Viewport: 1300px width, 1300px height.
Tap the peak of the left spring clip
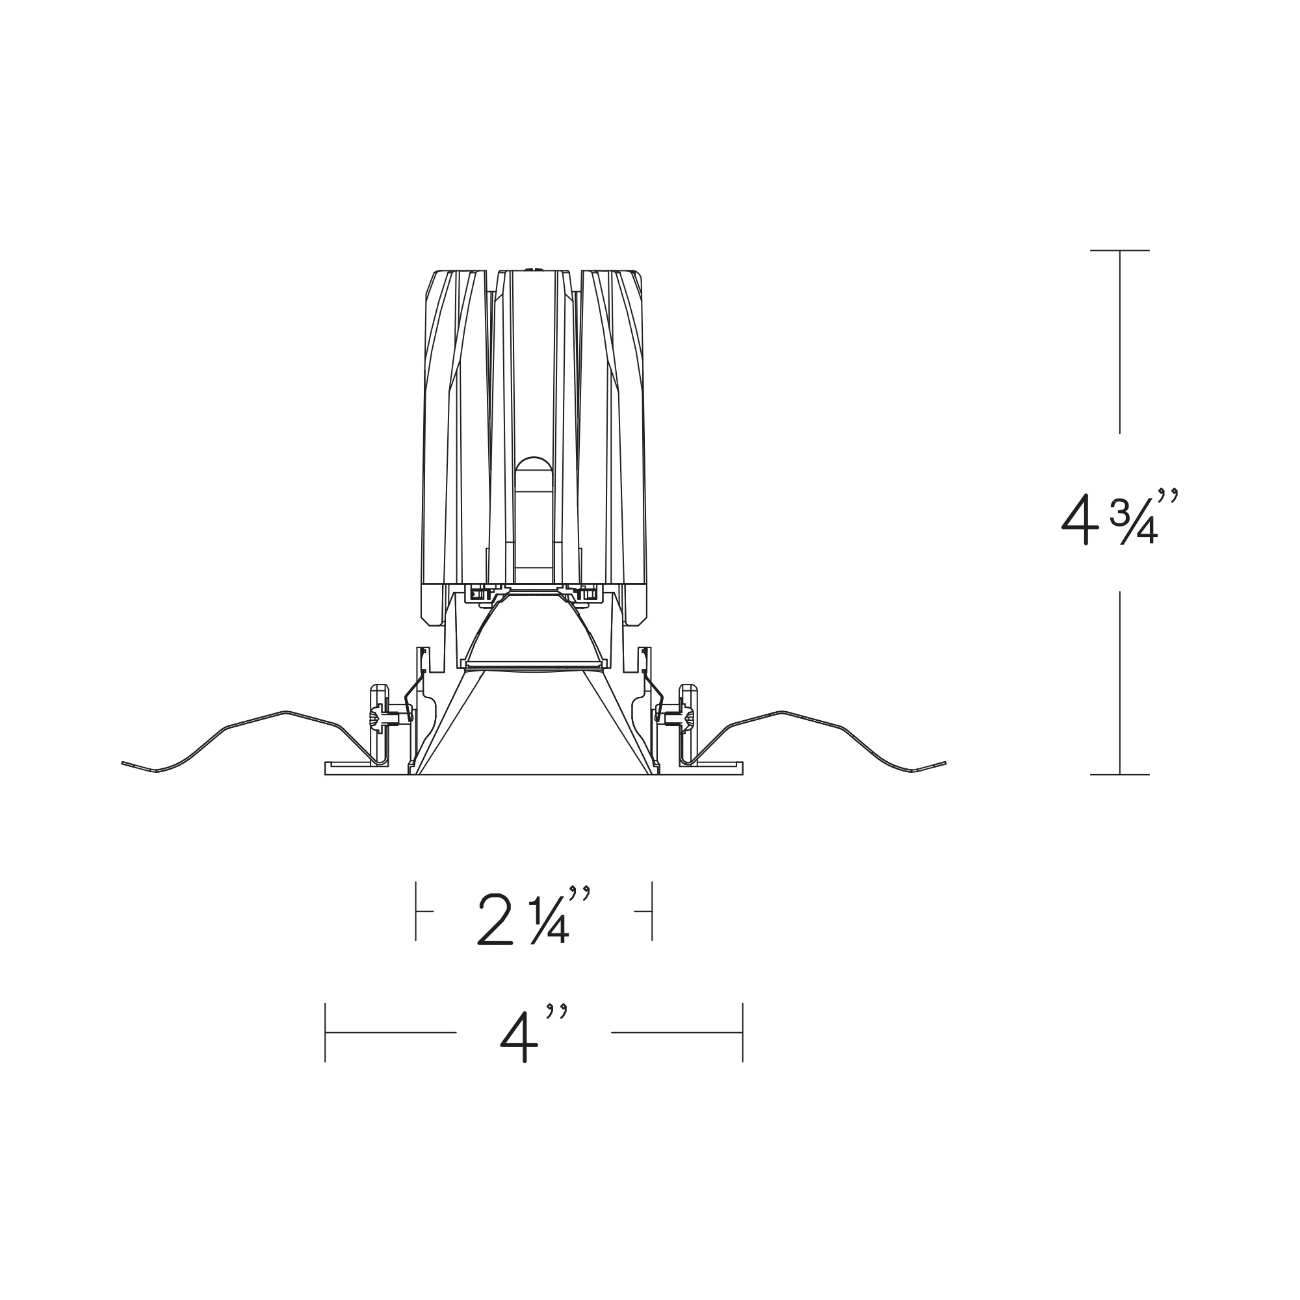click(285, 711)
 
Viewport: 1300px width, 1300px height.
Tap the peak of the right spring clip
click(782, 711)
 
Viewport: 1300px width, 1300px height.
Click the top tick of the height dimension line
click(1120, 250)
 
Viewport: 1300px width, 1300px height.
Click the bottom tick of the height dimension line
click(1120, 775)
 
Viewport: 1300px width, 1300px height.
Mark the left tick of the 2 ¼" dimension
click(416, 911)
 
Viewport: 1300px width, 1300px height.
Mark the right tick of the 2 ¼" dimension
click(652, 911)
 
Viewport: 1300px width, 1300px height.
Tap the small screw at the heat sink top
click(534, 270)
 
